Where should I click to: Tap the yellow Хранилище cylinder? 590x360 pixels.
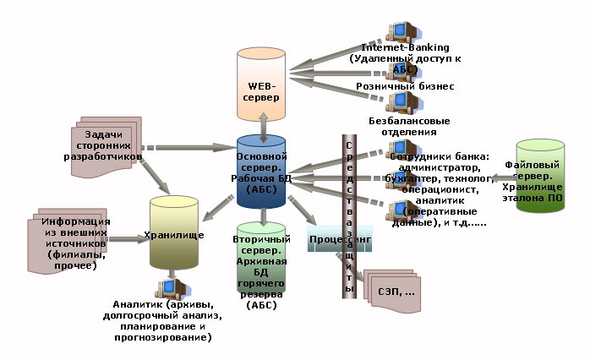point(174,232)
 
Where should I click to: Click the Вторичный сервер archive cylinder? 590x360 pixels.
point(262,262)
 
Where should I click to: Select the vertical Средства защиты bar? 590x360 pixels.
point(350,215)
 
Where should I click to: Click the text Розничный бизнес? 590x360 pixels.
point(404,86)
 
